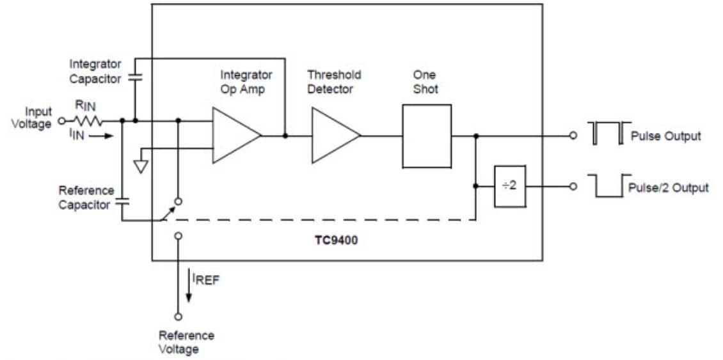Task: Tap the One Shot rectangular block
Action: [426, 136]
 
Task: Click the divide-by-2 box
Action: [509, 186]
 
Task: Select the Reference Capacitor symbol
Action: [121, 201]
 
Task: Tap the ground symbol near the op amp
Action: [141, 166]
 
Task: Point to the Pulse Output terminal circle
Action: [573, 136]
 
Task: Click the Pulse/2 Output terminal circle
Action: [573, 186]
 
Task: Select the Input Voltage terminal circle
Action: [61, 120]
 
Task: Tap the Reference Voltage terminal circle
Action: [178, 316]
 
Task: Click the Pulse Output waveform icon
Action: [608, 133]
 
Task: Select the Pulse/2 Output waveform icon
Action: [608, 185]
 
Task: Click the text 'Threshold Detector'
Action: [334, 82]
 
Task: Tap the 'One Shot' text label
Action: [425, 82]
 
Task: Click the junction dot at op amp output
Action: [285, 136]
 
